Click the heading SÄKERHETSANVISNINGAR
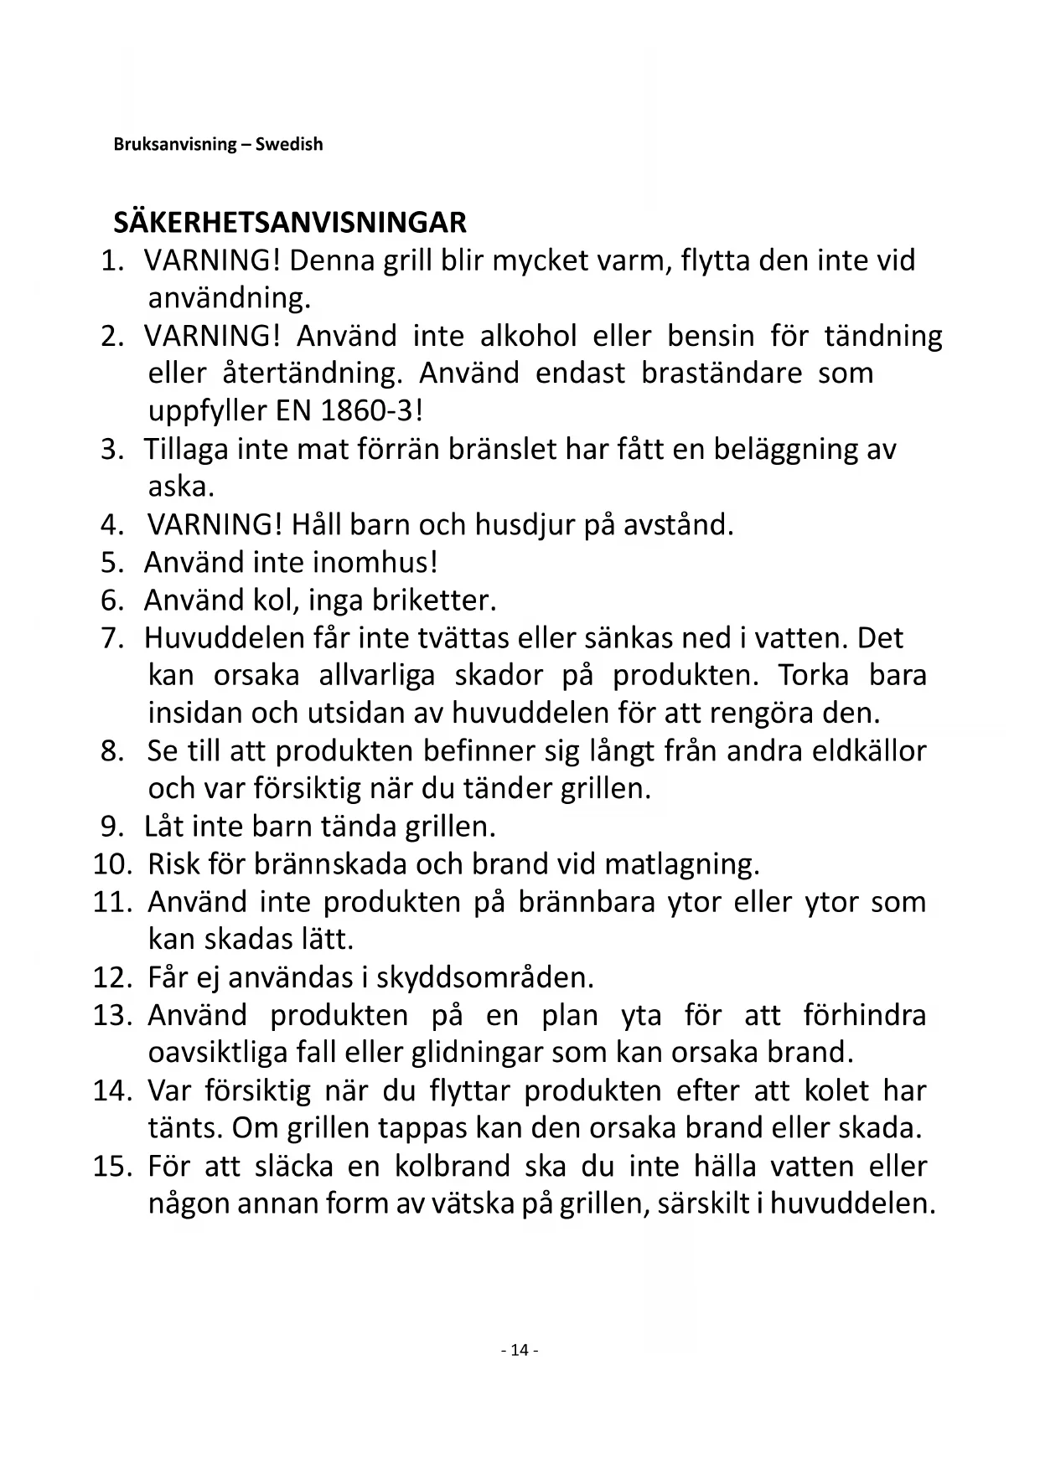[x=290, y=223]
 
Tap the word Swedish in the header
[x=289, y=144]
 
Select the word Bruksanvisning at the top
[x=175, y=144]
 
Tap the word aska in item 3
[x=179, y=487]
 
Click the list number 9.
[x=112, y=827]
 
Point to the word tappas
[x=422, y=1128]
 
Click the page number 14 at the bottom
[x=520, y=1350]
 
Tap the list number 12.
[x=111, y=977]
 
